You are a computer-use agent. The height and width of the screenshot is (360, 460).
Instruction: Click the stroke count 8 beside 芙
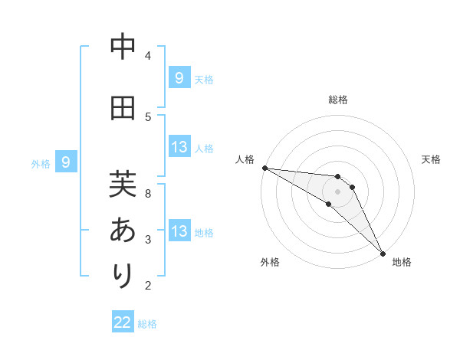click(x=148, y=193)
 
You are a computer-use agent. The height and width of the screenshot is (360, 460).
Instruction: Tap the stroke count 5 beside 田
click(x=148, y=116)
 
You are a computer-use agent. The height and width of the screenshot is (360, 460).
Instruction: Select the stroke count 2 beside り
click(x=148, y=286)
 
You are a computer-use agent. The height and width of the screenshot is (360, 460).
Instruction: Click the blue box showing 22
click(x=123, y=322)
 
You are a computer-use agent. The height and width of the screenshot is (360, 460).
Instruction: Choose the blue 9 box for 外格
click(x=66, y=162)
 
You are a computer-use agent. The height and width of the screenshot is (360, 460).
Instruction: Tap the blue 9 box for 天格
click(x=179, y=77)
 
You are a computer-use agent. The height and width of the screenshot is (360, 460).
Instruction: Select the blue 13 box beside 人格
click(x=179, y=147)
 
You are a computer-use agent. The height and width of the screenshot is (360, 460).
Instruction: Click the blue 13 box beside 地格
click(x=179, y=231)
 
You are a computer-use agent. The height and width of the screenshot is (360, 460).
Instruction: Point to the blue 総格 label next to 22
click(x=147, y=324)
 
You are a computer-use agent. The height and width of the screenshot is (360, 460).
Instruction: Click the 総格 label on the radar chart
click(x=337, y=100)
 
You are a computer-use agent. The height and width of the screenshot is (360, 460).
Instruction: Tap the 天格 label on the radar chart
click(x=432, y=159)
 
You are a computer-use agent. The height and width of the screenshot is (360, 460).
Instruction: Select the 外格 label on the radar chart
click(x=270, y=262)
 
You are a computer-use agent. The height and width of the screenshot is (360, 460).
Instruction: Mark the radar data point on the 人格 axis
click(x=264, y=168)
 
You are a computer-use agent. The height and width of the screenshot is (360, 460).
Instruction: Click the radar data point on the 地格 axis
click(x=383, y=253)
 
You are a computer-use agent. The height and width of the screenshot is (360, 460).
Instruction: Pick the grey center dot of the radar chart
click(x=337, y=191)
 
